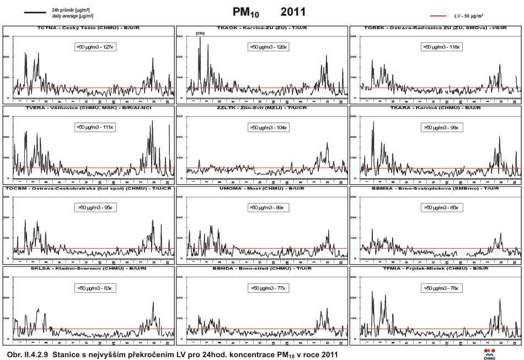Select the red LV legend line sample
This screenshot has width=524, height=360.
point(444,17)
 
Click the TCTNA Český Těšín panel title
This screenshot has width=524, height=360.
point(88,28)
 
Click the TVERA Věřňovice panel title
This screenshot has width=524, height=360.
point(88,108)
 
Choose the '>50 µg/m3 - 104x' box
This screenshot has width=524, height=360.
point(270,127)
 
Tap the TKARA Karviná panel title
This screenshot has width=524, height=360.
point(436,108)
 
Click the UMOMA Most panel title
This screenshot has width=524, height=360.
point(262,189)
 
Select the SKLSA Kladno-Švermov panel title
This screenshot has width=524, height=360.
point(88,269)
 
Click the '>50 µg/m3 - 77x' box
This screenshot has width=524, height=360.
point(270,288)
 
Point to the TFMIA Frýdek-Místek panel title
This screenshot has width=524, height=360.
point(436,269)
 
